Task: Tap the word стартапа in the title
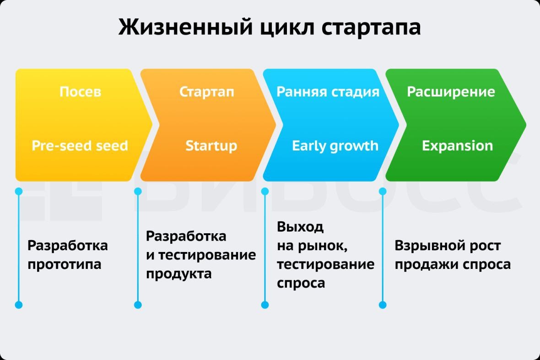coord(371,28)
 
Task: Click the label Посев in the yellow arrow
coord(80,91)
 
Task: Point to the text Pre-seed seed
coord(80,146)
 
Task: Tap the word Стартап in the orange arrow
coord(206,91)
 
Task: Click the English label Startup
coord(211,146)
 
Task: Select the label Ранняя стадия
coord(328,91)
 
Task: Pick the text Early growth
coord(335,146)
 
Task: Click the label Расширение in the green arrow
coord(451,91)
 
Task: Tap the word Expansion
coord(457,146)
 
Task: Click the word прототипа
coord(65,264)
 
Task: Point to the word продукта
coord(179,274)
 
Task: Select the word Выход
coord(300,226)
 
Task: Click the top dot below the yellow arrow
coord(19,191)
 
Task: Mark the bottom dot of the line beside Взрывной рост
coord(383,305)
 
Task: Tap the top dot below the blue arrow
coord(265,191)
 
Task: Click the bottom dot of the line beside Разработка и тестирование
coord(138,305)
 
